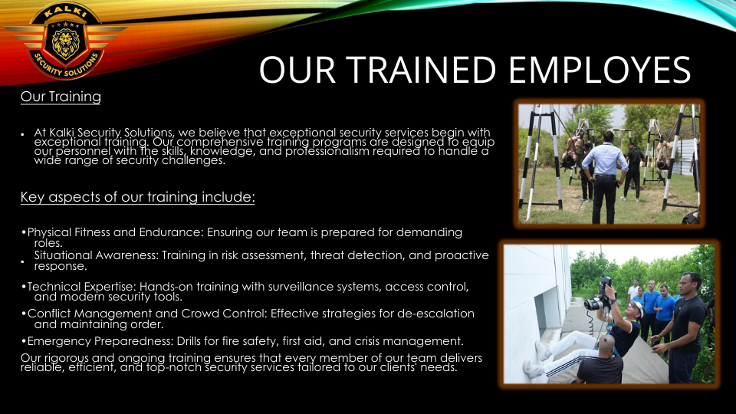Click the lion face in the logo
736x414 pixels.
click(66, 43)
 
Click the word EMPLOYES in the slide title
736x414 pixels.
click(600, 70)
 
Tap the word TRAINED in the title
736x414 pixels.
click(421, 70)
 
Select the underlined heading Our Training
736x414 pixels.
click(61, 97)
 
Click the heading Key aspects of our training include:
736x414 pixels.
click(137, 197)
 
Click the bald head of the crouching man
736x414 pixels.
click(607, 344)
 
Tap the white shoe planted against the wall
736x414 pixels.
click(542, 350)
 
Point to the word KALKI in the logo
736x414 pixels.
click(66, 11)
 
